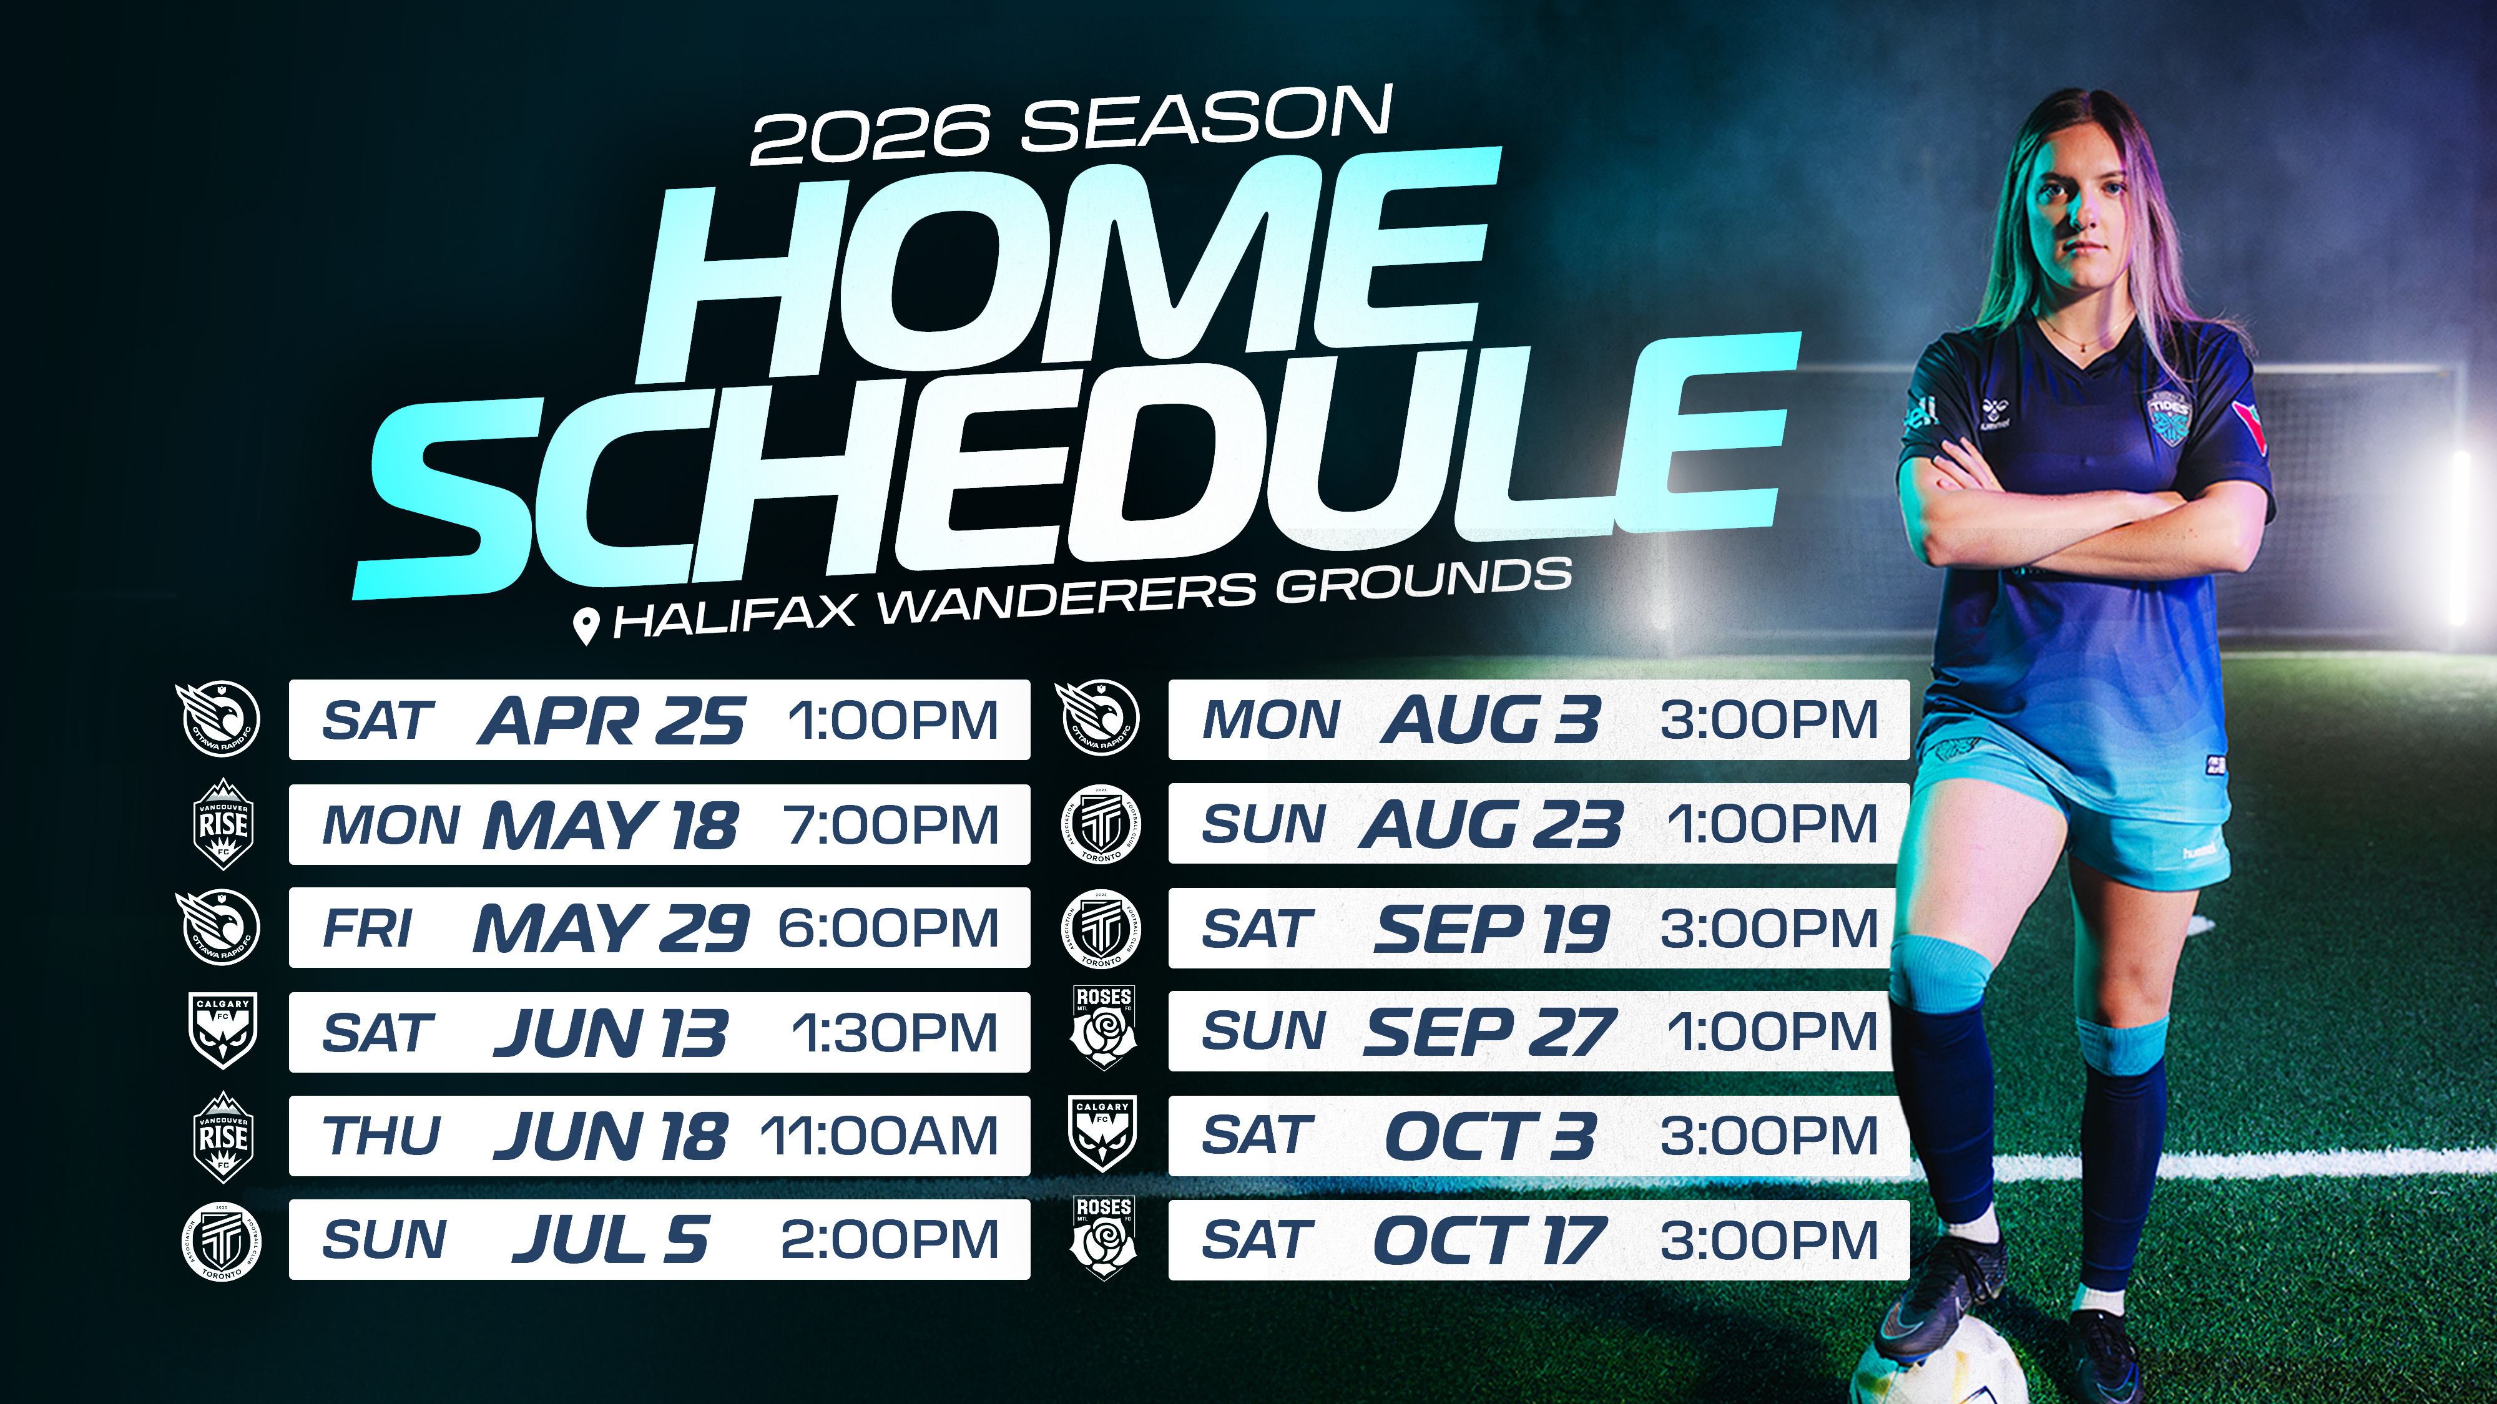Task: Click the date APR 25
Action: coord(611,721)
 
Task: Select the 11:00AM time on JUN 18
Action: coord(878,1136)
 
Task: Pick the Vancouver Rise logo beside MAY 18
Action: coord(223,824)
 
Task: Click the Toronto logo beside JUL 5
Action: coord(222,1241)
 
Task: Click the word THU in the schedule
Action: coord(382,1136)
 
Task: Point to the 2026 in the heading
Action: coord(870,135)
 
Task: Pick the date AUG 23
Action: coord(1491,824)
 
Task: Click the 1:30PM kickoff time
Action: coord(895,1032)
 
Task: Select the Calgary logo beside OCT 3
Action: coord(1103,1134)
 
